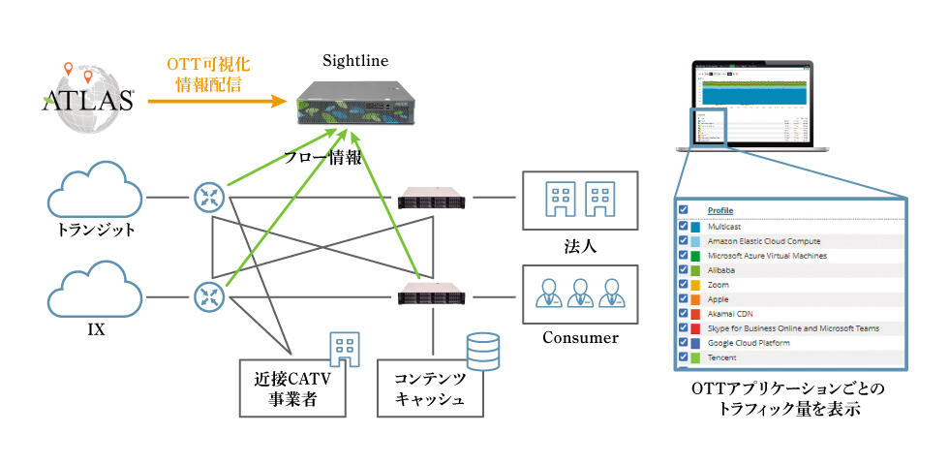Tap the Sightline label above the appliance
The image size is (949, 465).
[x=356, y=61]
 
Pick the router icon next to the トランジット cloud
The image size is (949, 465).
[x=207, y=198]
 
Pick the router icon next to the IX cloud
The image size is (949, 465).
[x=207, y=294]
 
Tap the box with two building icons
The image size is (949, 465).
[x=580, y=200]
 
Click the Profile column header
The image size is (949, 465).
[x=720, y=210]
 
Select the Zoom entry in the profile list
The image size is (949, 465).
[x=718, y=285]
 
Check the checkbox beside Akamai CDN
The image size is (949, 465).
[x=684, y=314]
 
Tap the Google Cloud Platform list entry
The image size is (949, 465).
[x=749, y=343]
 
